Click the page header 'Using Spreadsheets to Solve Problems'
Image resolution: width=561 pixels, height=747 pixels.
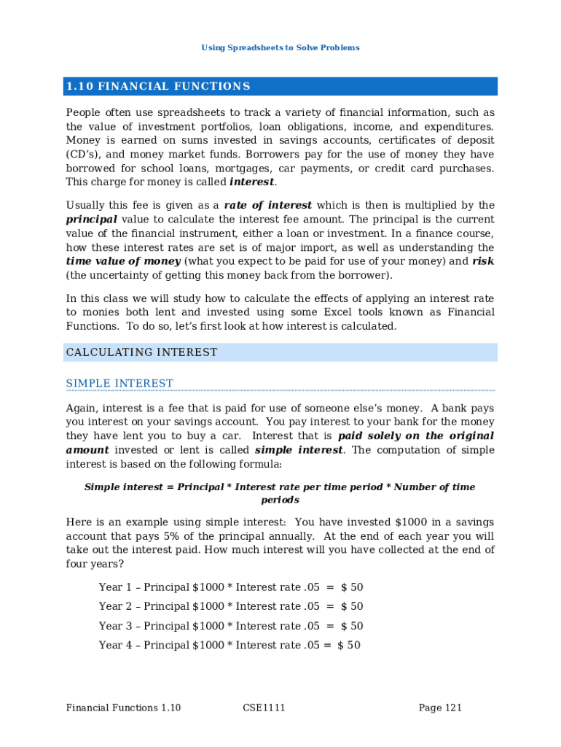280,47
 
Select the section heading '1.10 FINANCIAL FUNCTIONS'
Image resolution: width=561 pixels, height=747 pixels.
158,87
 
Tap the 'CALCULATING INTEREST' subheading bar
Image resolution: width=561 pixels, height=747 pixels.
141,352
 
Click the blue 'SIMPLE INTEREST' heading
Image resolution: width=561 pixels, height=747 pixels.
119,384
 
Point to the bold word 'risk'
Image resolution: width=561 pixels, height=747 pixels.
483,261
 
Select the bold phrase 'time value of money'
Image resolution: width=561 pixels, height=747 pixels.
123,261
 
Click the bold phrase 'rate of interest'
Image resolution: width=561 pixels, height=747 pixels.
267,205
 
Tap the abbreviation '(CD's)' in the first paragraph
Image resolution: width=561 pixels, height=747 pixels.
86,155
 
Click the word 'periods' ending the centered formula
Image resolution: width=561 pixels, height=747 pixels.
280,500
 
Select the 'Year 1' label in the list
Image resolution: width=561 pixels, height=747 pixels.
114,587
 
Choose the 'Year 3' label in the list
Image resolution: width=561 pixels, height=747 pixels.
114,626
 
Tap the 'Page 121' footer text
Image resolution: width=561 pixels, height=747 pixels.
440,708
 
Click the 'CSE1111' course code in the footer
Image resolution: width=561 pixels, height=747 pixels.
262,708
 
